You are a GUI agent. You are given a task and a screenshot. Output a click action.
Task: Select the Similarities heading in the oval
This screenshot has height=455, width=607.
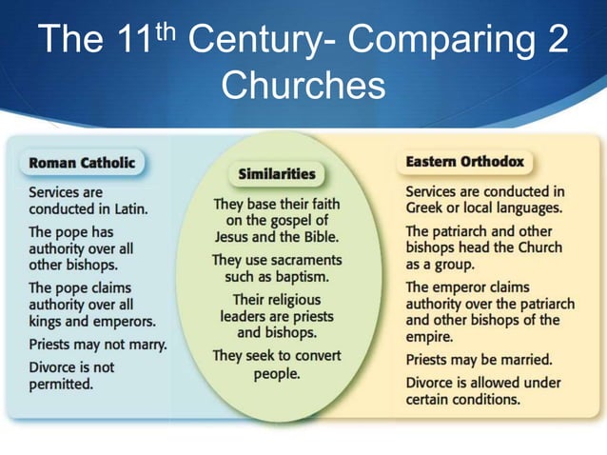(276, 175)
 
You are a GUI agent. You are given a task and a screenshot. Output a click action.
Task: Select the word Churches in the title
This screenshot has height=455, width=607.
(303, 86)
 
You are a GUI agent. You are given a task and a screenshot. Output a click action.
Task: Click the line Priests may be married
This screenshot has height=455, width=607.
(479, 360)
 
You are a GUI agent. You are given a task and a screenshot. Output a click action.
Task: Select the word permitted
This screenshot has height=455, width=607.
(60, 385)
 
